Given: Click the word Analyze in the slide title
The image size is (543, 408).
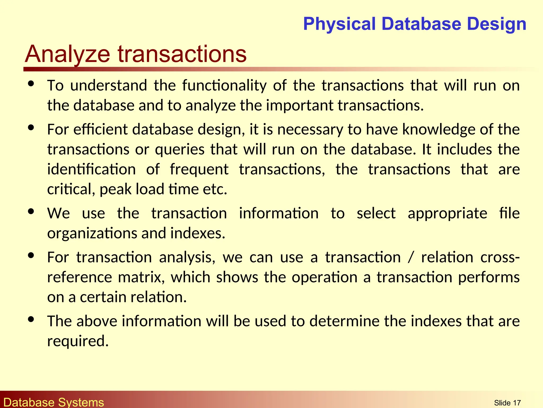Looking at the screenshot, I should pos(67,54).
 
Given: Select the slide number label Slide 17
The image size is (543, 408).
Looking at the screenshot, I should pos(507,403).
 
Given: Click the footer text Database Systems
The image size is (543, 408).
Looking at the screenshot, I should pos(54,402).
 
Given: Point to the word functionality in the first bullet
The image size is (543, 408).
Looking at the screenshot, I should pos(224,86).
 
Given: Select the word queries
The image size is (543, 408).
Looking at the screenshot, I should pos(180,149).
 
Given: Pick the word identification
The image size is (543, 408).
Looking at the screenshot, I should pos(91,169).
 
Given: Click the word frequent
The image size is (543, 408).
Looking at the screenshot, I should pos(199,169).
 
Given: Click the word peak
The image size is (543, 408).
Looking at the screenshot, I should pos(116,189).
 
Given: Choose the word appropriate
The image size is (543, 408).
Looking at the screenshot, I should pos(447,213).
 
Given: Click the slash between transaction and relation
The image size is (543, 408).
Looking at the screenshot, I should pos(411,257).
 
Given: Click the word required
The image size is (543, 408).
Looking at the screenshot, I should pos(78,341).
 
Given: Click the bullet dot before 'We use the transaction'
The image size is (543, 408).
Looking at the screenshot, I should pos(31,211).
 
